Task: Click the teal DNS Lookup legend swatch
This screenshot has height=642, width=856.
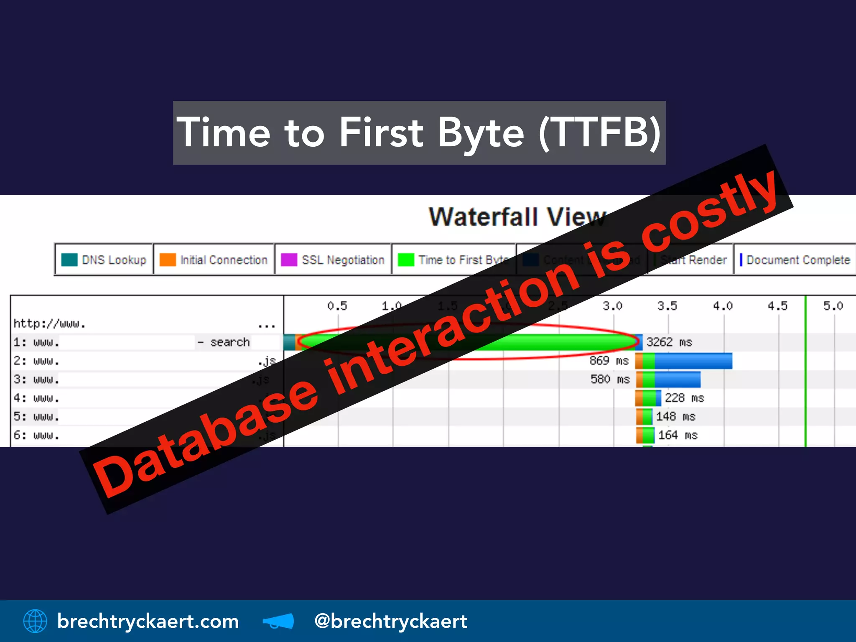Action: click(x=69, y=260)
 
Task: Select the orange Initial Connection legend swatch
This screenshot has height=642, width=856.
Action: click(x=168, y=260)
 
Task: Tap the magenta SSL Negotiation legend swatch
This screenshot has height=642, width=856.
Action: click(x=289, y=260)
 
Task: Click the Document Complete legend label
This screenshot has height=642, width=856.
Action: click(x=798, y=260)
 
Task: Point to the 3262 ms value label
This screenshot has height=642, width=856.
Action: click(x=669, y=342)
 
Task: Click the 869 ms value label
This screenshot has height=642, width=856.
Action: click(x=609, y=360)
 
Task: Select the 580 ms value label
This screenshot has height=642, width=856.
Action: click(x=610, y=379)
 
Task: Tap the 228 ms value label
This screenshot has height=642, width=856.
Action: click(x=684, y=397)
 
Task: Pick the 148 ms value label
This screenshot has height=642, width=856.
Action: click(x=675, y=416)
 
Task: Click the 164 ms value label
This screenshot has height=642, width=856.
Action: click(x=678, y=435)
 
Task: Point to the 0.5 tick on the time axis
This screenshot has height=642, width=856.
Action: click(x=337, y=306)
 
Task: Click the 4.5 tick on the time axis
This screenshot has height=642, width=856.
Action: click(x=777, y=306)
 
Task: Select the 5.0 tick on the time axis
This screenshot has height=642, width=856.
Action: click(x=833, y=306)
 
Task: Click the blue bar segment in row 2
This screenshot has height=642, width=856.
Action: click(x=693, y=361)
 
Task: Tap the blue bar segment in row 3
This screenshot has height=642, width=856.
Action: click(x=677, y=380)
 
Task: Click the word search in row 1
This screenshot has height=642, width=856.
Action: click(x=230, y=342)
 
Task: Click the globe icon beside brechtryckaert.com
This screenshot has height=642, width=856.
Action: click(x=35, y=621)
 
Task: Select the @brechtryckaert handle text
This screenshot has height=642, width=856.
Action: click(x=390, y=621)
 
